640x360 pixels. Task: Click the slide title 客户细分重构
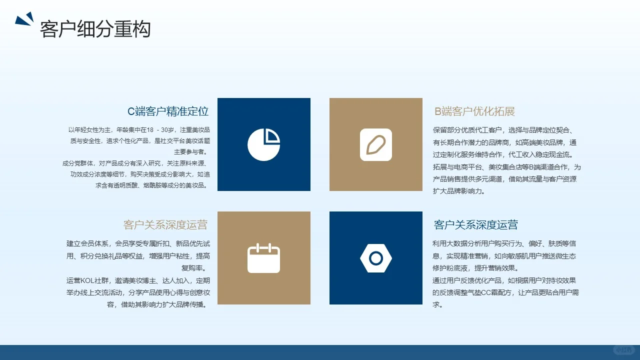(x=95, y=29)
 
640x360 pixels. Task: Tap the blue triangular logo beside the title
(x=24, y=19)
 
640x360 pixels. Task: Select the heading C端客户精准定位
(x=168, y=111)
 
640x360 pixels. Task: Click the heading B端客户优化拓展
(x=474, y=111)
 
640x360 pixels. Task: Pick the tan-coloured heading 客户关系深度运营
(x=165, y=225)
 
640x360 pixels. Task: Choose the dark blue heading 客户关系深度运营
(x=475, y=225)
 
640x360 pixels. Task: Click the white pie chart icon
(x=263, y=144)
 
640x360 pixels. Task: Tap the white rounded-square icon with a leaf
(x=375, y=144)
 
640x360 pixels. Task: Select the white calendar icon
(x=263, y=258)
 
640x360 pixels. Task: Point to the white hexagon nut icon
(x=375, y=258)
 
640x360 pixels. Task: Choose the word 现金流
(x=565, y=155)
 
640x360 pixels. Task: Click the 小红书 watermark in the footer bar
(x=623, y=350)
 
